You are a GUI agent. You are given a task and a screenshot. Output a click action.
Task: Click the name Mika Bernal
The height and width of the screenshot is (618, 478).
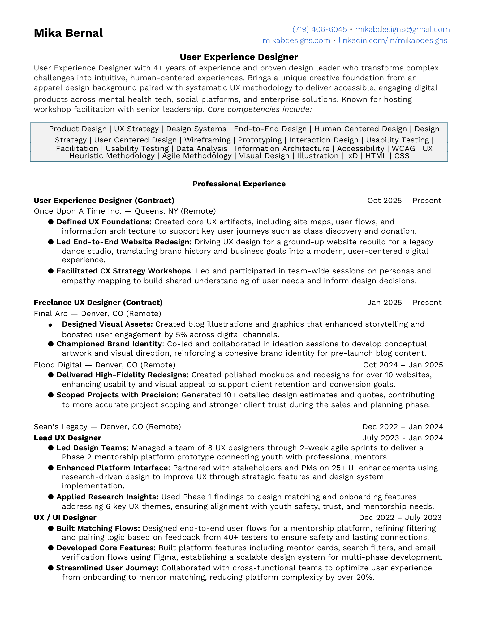68,33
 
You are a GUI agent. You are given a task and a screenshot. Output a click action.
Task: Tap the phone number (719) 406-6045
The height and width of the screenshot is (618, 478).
319,29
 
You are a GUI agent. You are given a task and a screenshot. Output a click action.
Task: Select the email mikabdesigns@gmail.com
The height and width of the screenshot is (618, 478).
402,29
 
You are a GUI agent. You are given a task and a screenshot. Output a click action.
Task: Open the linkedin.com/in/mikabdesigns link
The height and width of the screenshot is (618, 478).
393,40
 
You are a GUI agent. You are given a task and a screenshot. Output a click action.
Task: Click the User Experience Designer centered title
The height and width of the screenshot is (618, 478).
239,57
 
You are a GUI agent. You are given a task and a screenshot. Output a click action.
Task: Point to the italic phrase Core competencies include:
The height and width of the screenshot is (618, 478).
260,109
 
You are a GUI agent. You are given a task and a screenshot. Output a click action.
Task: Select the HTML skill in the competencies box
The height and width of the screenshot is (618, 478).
376,156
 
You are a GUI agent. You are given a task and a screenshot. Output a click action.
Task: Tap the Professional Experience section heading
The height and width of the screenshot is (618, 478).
239,184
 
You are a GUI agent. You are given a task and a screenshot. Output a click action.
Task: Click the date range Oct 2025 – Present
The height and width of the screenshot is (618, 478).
404,201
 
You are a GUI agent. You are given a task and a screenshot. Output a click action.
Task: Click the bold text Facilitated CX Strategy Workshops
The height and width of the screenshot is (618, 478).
123,271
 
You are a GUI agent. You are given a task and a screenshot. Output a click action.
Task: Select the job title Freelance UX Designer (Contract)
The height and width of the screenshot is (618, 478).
98,303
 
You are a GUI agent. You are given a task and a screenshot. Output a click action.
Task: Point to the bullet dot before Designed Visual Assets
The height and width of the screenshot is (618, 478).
50,325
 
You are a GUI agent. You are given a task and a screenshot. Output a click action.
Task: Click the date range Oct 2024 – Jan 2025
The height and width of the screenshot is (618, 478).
403,365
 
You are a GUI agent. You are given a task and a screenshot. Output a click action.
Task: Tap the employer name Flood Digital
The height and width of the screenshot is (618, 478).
58,365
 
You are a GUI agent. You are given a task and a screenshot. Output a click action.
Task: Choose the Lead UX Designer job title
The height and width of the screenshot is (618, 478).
67,438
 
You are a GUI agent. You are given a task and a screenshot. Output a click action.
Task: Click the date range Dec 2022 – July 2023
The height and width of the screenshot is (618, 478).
400,518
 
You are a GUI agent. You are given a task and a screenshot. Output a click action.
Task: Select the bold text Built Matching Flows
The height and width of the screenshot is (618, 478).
98,528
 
